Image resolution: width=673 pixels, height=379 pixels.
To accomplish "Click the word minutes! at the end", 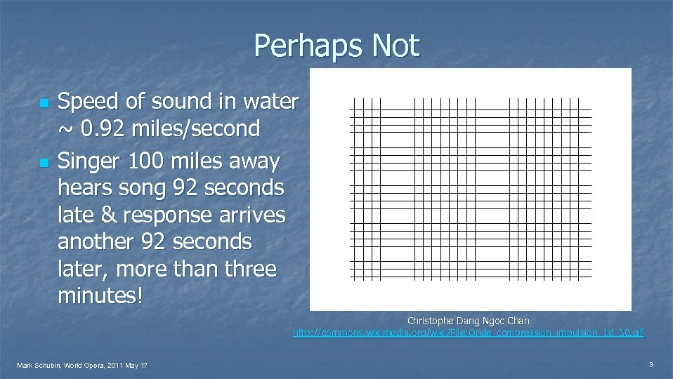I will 100,295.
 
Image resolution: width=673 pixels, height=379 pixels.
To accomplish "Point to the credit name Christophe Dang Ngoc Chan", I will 468,321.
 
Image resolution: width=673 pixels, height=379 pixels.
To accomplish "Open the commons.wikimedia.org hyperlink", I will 468,332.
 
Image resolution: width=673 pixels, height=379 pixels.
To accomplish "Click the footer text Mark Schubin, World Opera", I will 82,365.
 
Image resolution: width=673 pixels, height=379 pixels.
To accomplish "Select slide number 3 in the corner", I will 651,364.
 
